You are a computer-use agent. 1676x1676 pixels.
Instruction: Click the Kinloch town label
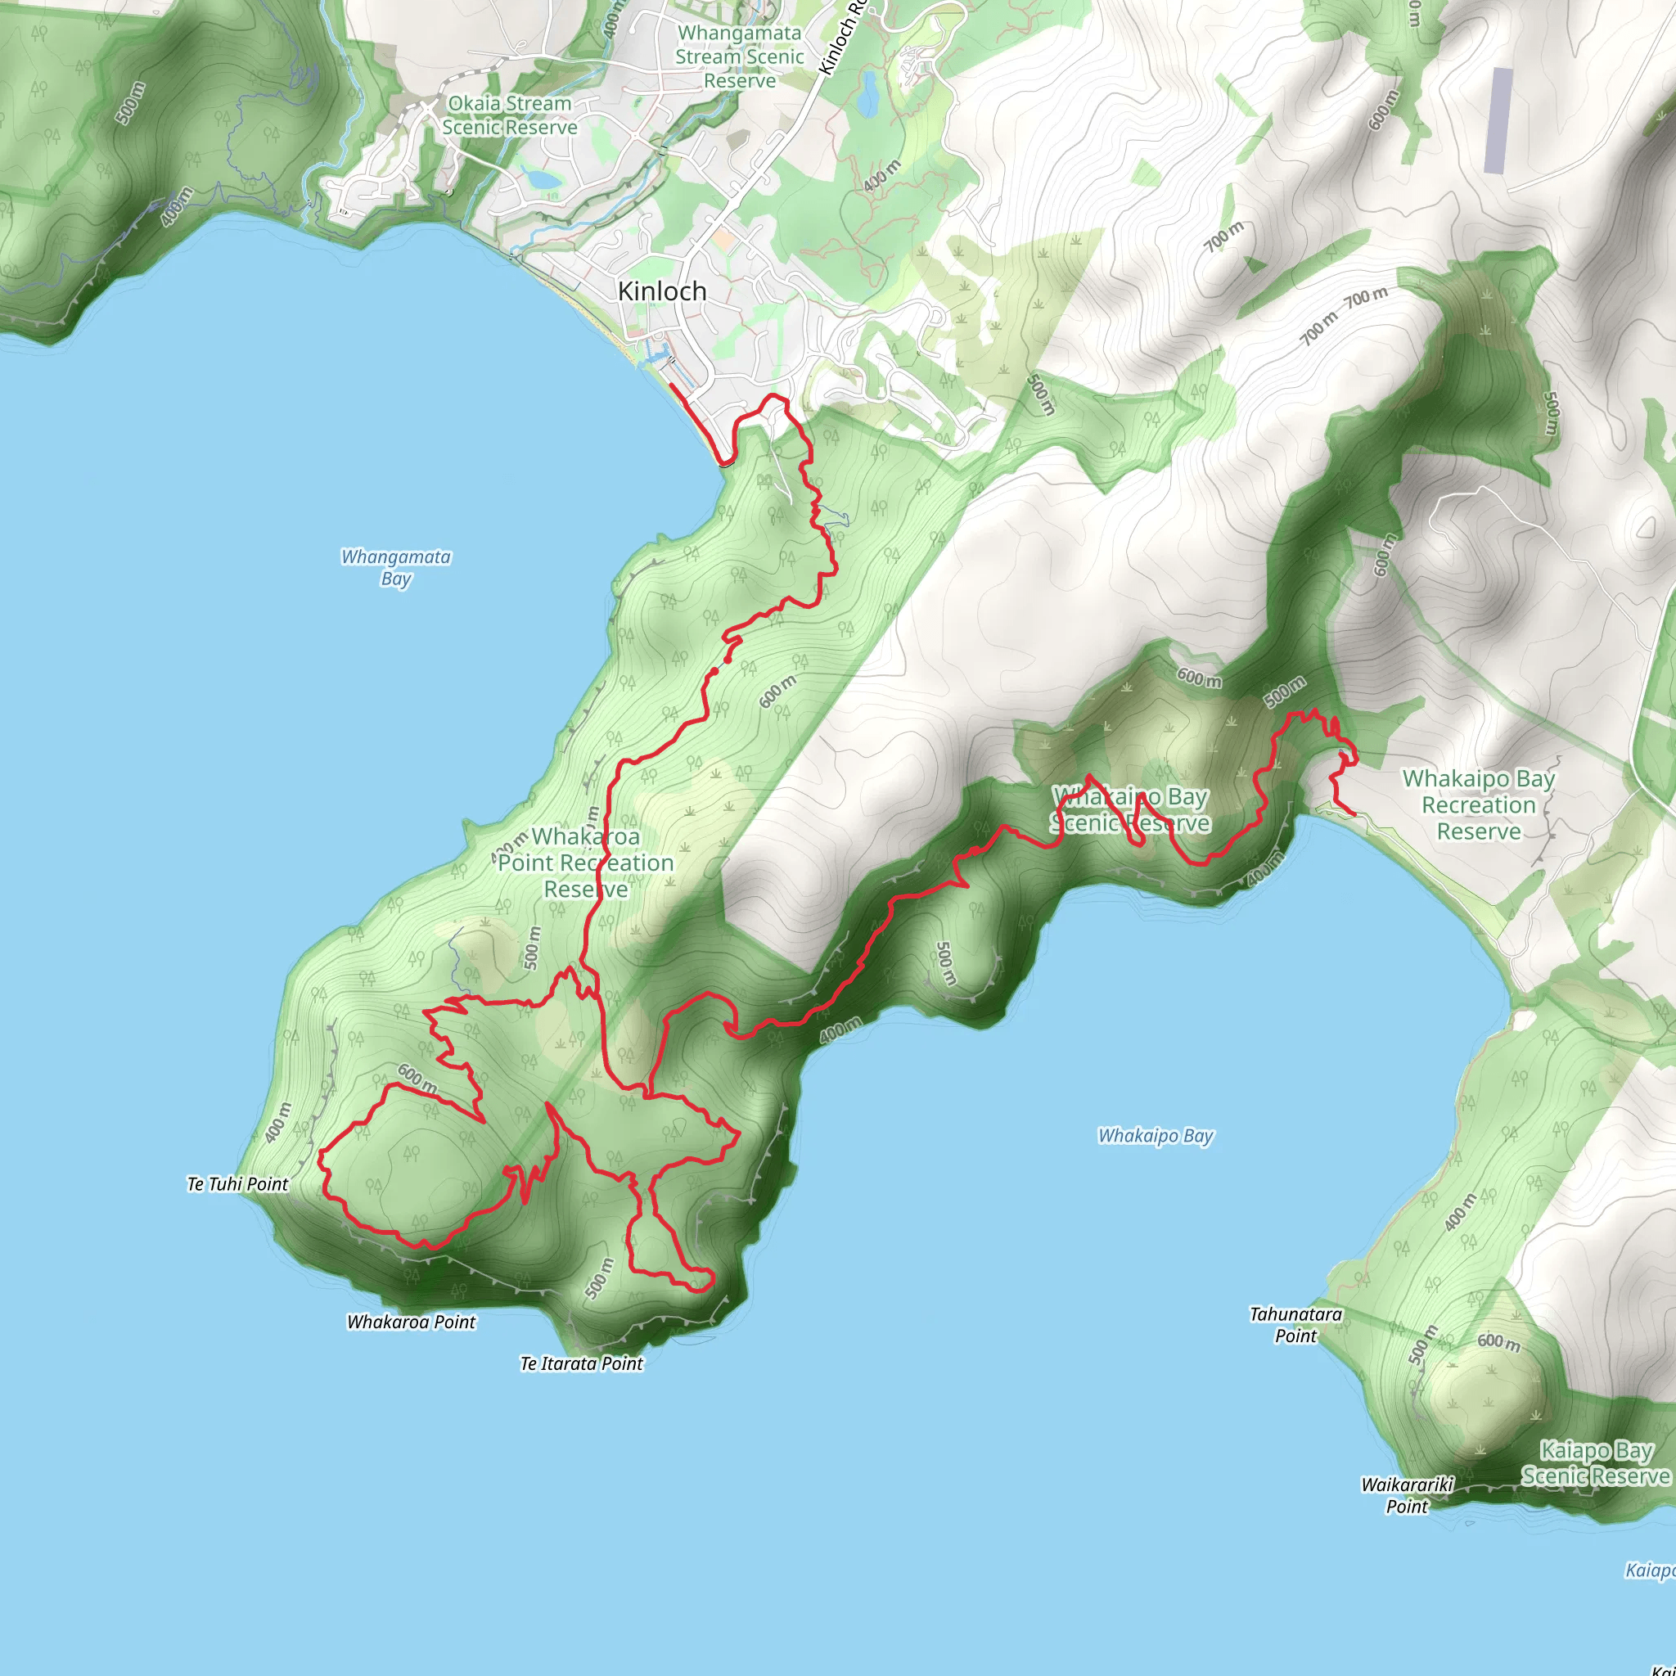(662, 291)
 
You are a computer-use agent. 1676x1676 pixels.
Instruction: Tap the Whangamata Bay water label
(395, 567)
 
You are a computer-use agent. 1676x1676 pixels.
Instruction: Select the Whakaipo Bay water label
(1156, 1136)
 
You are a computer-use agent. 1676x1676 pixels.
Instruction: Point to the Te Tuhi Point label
(237, 1184)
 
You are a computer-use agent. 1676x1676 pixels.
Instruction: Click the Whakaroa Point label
(411, 1322)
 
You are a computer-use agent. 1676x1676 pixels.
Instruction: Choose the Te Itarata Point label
(581, 1363)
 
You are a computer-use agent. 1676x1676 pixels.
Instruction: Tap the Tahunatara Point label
(1295, 1325)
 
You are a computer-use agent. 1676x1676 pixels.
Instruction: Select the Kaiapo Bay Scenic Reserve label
(1595, 1462)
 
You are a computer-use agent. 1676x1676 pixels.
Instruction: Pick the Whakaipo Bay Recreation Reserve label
(1478, 805)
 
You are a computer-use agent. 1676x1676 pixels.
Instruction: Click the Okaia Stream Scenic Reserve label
(509, 115)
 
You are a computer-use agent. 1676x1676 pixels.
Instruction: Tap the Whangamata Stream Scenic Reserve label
(739, 57)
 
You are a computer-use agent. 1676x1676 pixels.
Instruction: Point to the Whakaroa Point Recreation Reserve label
(586, 863)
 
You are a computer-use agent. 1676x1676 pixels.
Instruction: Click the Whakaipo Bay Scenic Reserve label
(1129, 809)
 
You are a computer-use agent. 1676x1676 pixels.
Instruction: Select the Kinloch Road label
(841, 39)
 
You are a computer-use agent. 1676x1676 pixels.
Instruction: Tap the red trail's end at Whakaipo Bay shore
(1354, 814)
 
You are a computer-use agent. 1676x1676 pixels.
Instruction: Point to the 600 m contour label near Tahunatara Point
(1498, 1342)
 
